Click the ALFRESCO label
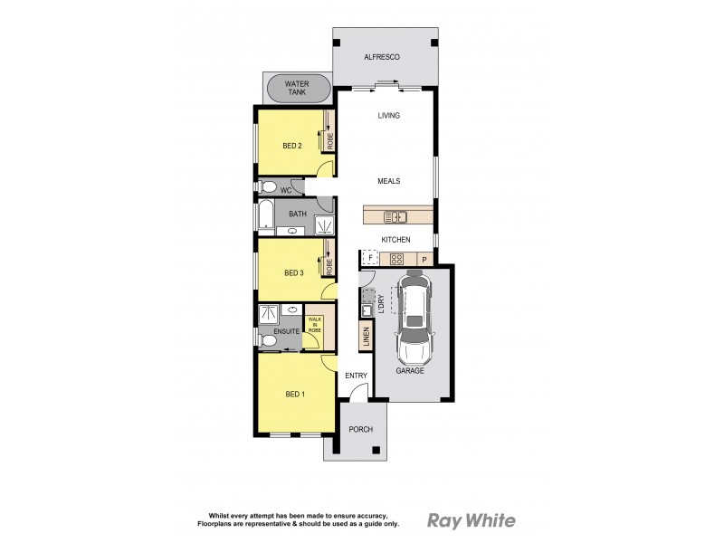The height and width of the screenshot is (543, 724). click(382, 57)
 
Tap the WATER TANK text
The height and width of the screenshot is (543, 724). click(298, 88)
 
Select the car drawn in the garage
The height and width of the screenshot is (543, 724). click(414, 321)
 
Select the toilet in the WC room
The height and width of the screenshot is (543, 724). click(267, 188)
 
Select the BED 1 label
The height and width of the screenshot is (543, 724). click(294, 394)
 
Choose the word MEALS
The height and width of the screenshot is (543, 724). click(389, 181)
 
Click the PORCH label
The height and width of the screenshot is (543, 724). click(361, 429)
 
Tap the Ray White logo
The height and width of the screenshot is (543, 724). click(471, 520)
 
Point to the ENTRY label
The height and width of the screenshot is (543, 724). click(356, 376)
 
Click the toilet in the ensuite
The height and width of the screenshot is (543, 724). click(269, 340)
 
